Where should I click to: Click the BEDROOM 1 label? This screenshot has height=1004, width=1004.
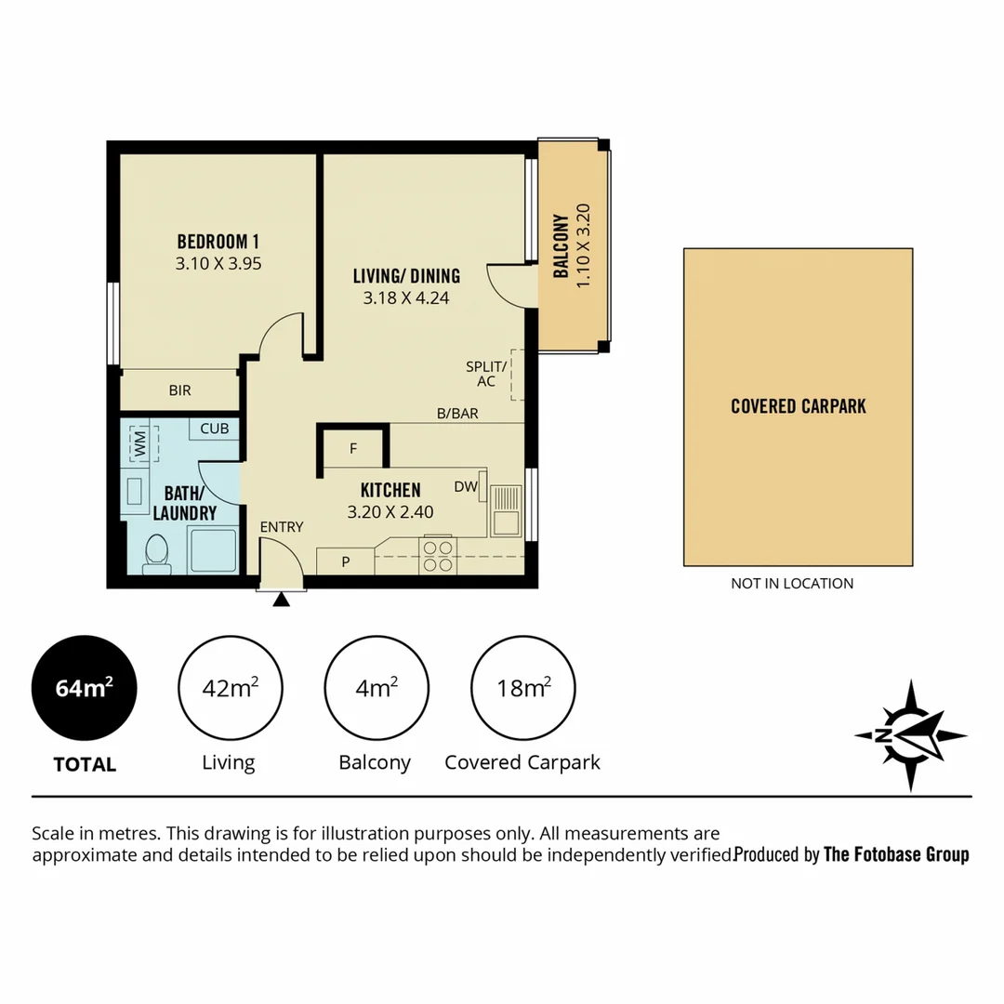218,242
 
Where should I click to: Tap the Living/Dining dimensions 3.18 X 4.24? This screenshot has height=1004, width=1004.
406,298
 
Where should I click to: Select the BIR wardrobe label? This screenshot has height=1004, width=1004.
179,390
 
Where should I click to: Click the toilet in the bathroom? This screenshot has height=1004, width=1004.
156,554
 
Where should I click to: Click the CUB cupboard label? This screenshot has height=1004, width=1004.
215,429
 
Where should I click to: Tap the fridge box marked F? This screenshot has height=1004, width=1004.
352,448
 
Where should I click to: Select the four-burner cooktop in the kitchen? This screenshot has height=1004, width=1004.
438,556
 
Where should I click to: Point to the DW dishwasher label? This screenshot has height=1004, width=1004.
465,486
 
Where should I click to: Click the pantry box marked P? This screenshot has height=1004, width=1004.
345,561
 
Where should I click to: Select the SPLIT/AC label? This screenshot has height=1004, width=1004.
486,374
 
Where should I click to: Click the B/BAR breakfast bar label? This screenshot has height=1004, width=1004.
457,414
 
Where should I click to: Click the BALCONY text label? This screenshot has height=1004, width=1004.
561,246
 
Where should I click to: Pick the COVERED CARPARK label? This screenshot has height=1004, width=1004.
798,406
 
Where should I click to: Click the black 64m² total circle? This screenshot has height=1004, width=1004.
85,689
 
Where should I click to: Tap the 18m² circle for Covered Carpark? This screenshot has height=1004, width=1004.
524,689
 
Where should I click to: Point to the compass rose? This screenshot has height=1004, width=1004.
911,734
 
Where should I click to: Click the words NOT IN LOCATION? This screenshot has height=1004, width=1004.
792,584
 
